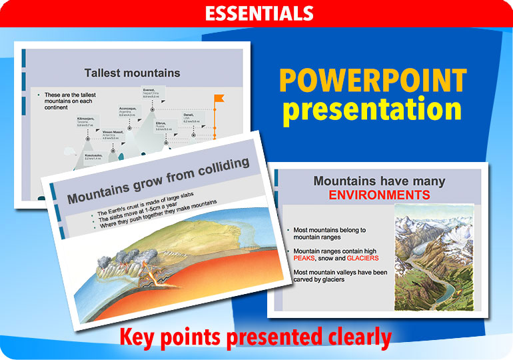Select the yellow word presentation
pyautogui.click(x=372, y=110)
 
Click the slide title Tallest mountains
pyautogui.click(x=132, y=73)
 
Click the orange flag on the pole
pyautogui.click(x=220, y=99)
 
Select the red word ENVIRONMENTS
pyautogui.click(x=378, y=195)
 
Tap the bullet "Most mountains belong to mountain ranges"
pyautogui.click(x=330, y=233)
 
